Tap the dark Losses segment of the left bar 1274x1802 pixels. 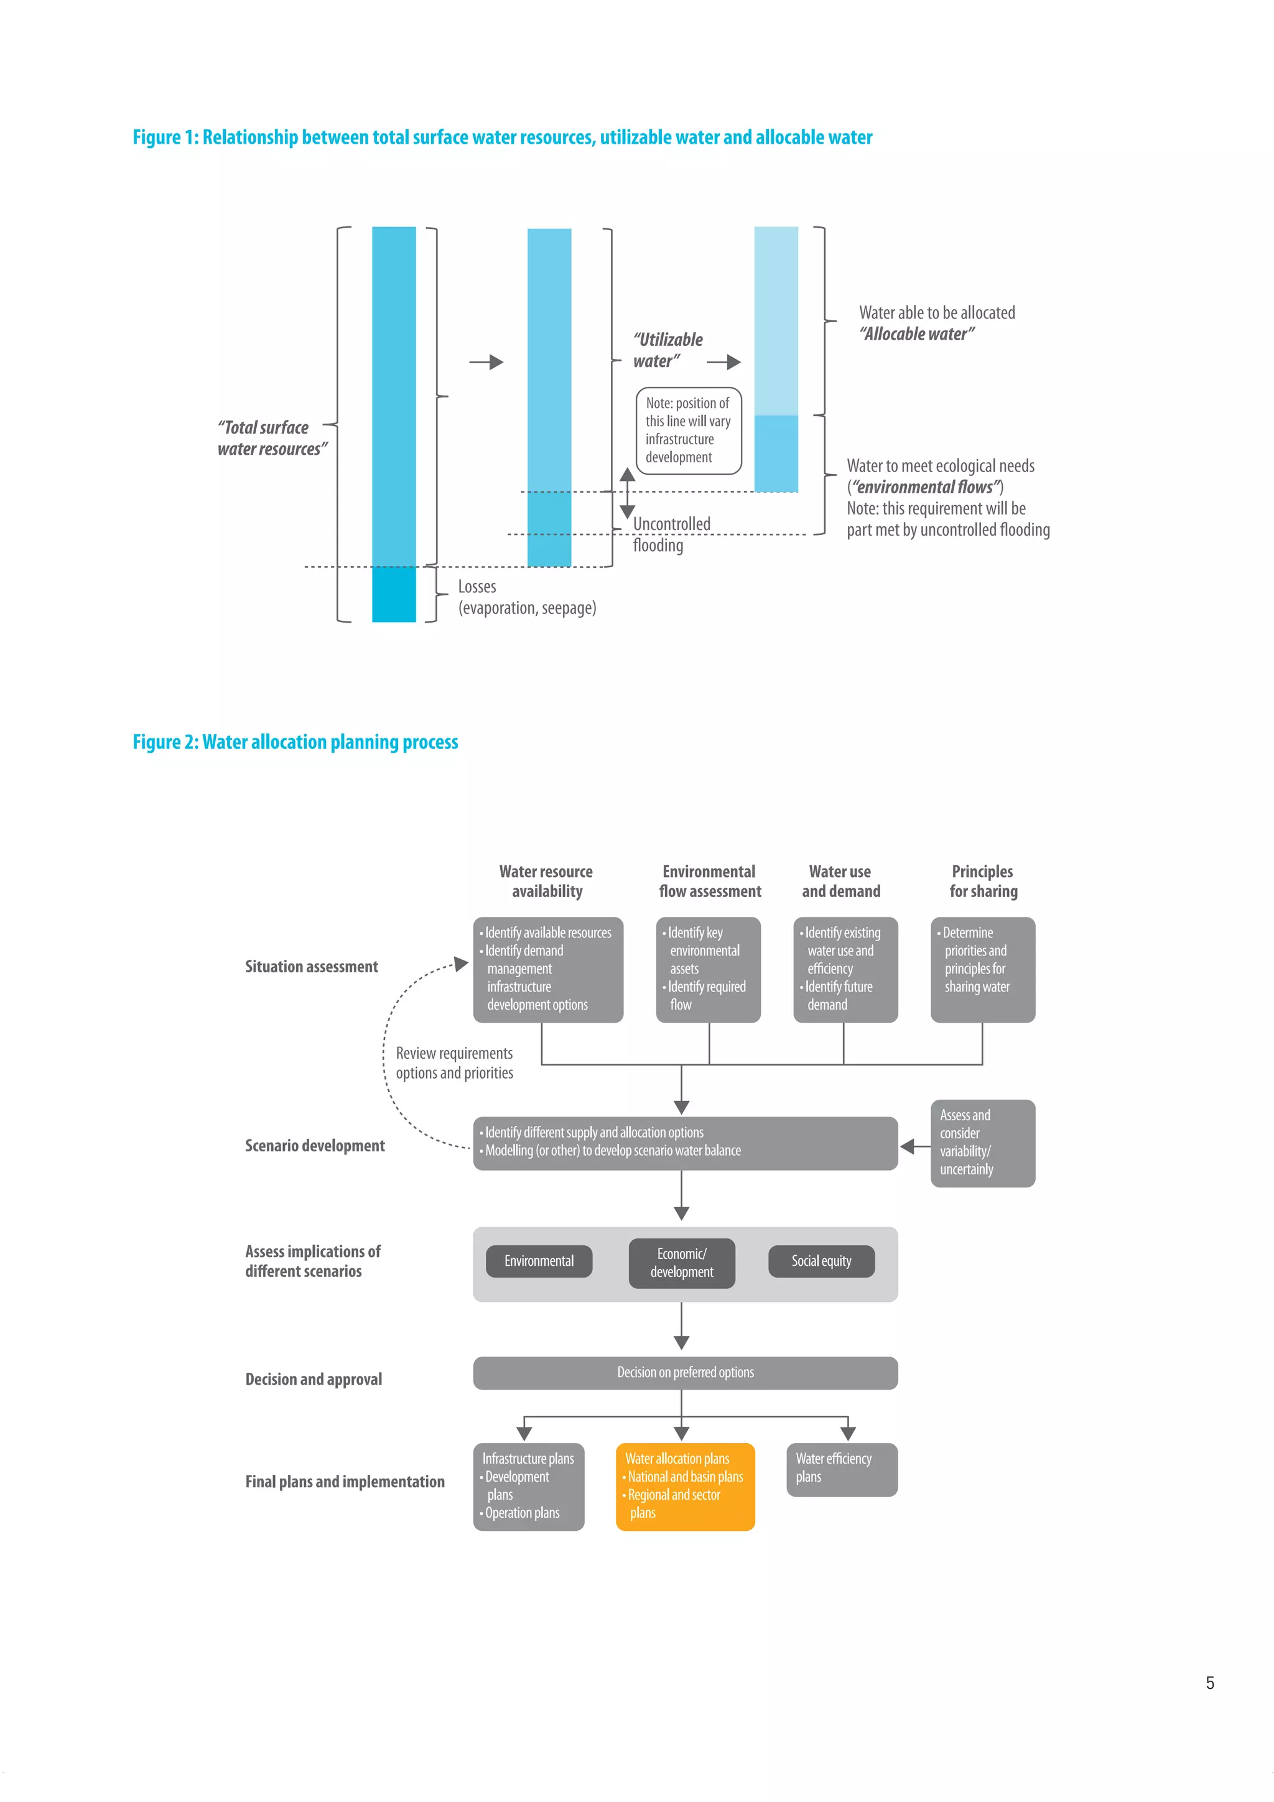pyautogui.click(x=393, y=594)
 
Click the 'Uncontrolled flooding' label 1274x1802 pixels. pyautogui.click(x=671, y=534)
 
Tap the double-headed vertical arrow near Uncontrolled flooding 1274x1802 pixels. pyautogui.click(x=626, y=493)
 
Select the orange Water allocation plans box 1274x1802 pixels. pyautogui.click(x=684, y=1486)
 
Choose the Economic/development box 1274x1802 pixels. pyautogui.click(x=681, y=1262)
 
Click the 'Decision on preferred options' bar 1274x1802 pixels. pyautogui.click(x=684, y=1372)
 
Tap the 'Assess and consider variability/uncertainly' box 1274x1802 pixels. pyautogui.click(x=982, y=1142)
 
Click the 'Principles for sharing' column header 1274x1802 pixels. pyautogui.click(x=982, y=881)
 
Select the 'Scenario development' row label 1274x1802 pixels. pyautogui.click(x=315, y=1145)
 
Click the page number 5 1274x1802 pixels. pyautogui.click(x=1210, y=1682)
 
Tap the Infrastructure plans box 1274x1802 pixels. pyautogui.click(x=528, y=1486)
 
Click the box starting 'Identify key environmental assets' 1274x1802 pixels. pyautogui.click(x=707, y=968)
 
